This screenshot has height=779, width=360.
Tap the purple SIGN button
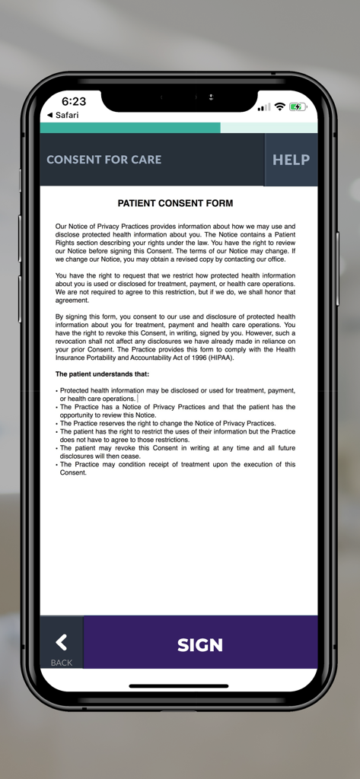pos(200,644)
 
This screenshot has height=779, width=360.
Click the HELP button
pos(291,160)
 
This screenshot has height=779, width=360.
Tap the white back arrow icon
pos(61,642)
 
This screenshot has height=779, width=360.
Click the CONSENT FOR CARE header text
pos(104,160)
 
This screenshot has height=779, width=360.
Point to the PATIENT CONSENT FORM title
pos(175,203)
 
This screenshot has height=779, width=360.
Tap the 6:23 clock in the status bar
pos(74,101)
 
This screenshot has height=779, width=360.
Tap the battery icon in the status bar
pos(298,107)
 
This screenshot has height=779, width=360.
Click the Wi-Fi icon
pos(279,107)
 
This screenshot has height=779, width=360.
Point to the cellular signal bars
pos(264,107)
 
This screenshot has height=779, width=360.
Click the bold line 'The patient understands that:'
pos(102,374)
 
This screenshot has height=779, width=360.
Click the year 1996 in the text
pos(193,358)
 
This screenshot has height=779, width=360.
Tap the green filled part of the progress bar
pos(129,128)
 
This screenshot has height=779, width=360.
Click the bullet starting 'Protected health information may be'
pos(175,394)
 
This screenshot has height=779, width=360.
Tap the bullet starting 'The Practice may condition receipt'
pos(175,468)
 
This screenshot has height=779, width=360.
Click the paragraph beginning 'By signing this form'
pos(175,337)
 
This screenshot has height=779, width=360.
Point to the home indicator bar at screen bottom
pos(180,685)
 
